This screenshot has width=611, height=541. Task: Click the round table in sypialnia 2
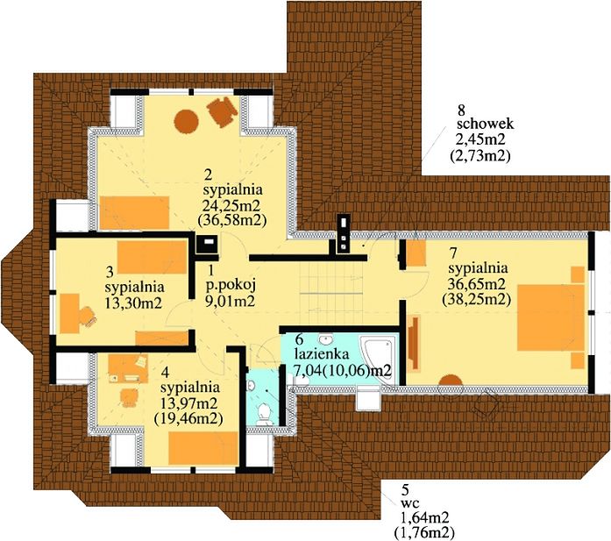pos(186,122)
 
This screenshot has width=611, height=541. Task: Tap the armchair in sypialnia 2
pos(222,110)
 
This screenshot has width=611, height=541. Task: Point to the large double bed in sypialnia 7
pos(551,317)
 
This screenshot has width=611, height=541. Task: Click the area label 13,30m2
pos(133,303)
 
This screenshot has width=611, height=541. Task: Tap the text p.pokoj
pos(231,286)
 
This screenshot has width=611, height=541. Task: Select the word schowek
pos(486,125)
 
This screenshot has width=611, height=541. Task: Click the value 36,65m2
pos(477,283)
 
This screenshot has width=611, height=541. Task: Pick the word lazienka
pos(322,354)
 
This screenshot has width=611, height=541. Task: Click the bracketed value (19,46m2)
pos(188,418)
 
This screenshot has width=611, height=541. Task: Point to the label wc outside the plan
pos(410,502)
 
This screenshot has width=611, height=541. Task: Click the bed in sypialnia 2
pos(134,213)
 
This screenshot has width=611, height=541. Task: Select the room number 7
pos(453,253)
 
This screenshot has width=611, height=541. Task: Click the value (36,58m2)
pos(232,220)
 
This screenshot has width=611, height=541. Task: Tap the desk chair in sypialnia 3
pos(88,316)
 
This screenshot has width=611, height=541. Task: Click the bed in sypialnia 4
pos(203,448)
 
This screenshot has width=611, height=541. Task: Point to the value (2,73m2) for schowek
pos(480,156)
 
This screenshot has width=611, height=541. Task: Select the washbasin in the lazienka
pos(325,338)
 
